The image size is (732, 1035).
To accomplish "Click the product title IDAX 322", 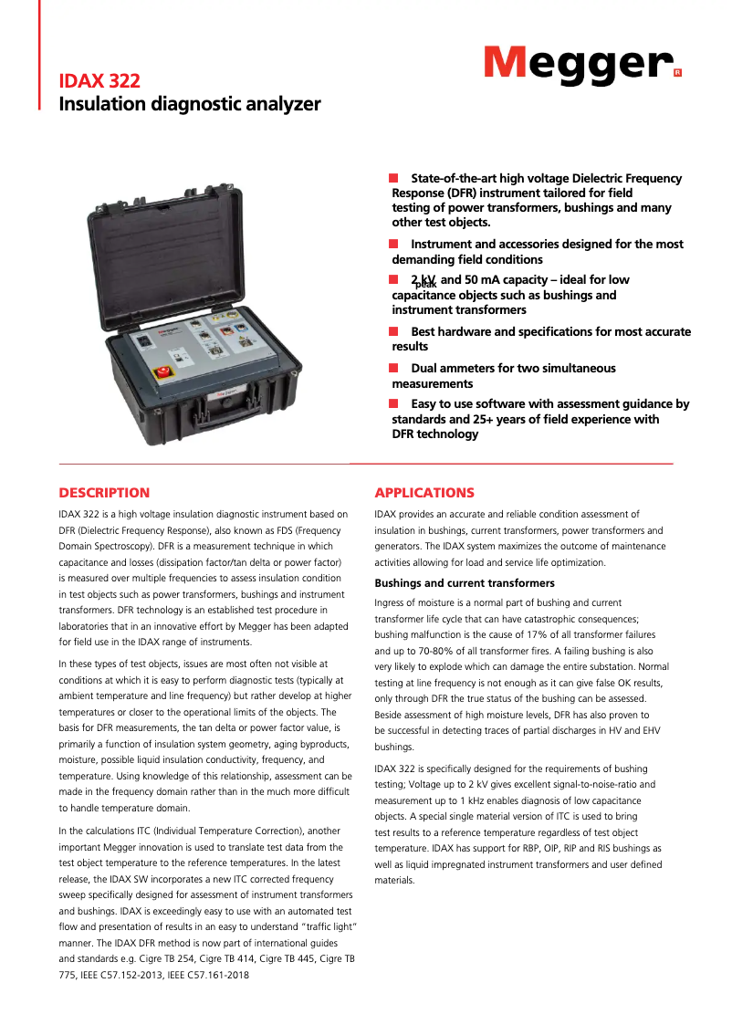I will pyautogui.click(x=99, y=82).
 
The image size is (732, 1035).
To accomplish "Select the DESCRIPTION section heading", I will pyautogui.click(x=104, y=493).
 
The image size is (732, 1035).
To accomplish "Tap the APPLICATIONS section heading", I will pyautogui.click(x=424, y=493).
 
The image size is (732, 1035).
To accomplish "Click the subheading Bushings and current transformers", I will pyautogui.click(x=465, y=583).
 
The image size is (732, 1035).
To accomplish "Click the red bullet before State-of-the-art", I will pyautogui.click(x=393, y=177).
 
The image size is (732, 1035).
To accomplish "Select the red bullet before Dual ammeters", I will pyautogui.click(x=393, y=367).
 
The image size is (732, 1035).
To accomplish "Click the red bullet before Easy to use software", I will pyautogui.click(x=393, y=402).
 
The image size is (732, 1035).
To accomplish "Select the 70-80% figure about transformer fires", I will pyautogui.click(x=442, y=651).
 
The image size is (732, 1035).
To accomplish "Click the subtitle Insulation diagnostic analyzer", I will pyautogui.click(x=190, y=104).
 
